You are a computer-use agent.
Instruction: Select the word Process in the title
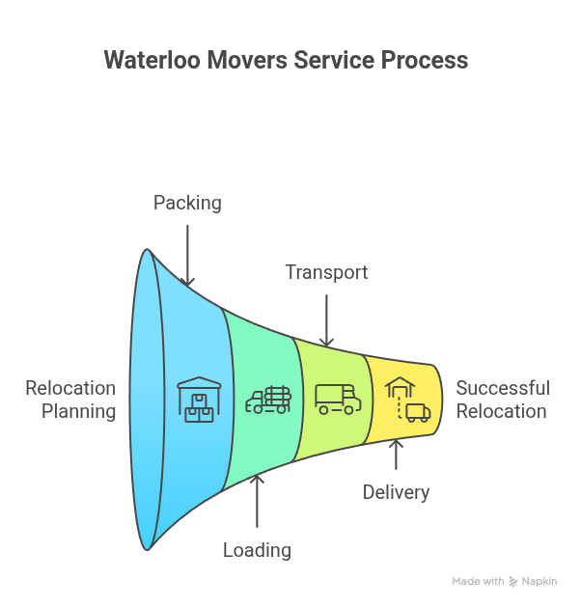(425, 60)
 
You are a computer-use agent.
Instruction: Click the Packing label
(187, 203)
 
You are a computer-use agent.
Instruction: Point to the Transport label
(326, 272)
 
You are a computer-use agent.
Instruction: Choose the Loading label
(257, 550)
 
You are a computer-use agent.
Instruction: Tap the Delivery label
(396, 492)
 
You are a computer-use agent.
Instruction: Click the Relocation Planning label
(70, 400)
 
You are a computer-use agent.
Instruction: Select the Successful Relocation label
(503, 400)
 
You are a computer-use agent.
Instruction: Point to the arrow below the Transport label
(326, 319)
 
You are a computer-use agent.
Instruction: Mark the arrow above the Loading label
(257, 501)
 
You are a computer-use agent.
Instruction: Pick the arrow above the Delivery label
(396, 455)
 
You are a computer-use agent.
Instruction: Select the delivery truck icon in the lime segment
(338, 399)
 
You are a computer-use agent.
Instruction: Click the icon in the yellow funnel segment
(406, 400)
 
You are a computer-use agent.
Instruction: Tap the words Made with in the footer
(478, 581)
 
